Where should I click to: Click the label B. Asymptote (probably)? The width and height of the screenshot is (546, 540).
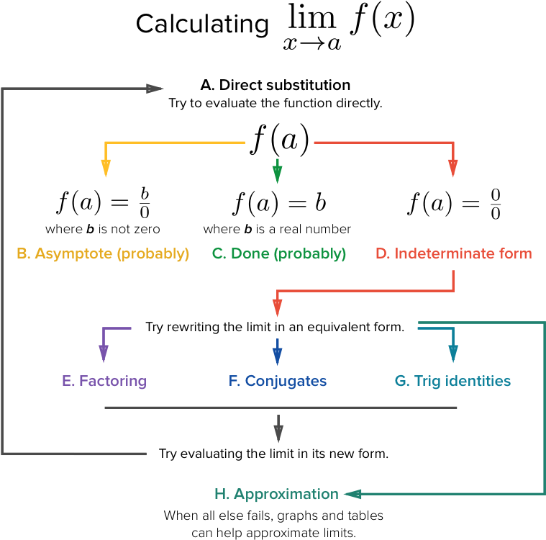103,253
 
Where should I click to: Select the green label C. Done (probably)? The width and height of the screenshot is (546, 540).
279,253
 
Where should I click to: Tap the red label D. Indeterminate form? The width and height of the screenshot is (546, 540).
453,253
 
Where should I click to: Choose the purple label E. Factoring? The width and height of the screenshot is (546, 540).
104,381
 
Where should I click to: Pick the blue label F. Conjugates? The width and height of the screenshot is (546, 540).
278,381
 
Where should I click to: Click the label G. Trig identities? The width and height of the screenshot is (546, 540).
452,381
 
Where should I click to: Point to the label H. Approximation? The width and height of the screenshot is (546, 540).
276,494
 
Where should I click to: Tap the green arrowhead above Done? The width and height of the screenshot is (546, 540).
278,174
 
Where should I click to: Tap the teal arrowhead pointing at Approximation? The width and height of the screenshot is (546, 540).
352,494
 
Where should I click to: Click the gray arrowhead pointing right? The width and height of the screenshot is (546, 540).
155,89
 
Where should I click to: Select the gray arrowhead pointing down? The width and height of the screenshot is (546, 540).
278,434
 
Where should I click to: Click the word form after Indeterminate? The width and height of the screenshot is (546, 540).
516,253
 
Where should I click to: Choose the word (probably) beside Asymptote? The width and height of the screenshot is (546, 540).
153,253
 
